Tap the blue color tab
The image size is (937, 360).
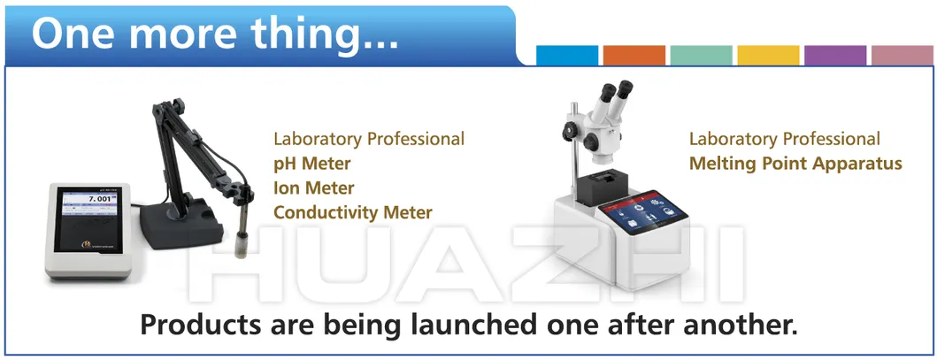pyautogui.click(x=567, y=55)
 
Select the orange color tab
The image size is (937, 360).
pyautogui.click(x=634, y=55)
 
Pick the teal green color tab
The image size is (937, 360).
pyautogui.click(x=701, y=55)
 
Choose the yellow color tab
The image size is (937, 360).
pyautogui.click(x=768, y=55)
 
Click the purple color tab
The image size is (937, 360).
pyautogui.click(x=835, y=55)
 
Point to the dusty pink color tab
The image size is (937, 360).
pyautogui.click(x=902, y=55)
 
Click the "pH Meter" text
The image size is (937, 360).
pyautogui.click(x=311, y=164)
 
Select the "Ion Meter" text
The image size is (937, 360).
pyautogui.click(x=313, y=188)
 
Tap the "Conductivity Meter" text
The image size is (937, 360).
pyautogui.click(x=352, y=212)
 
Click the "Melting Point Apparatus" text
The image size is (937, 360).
pyautogui.click(x=795, y=164)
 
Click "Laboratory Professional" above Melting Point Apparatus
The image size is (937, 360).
pyautogui.click(x=784, y=139)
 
